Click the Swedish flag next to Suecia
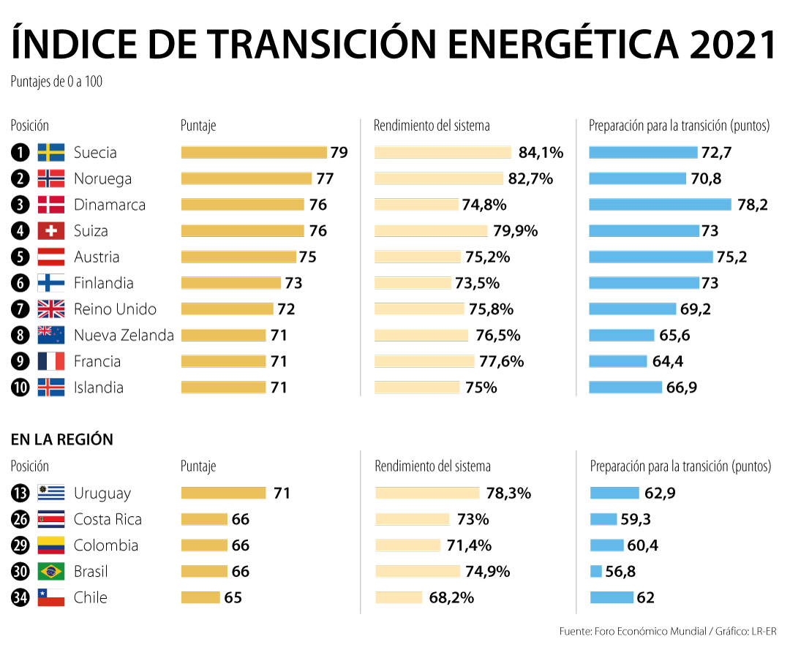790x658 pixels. [x=51, y=153]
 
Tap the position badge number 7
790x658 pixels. [x=20, y=309]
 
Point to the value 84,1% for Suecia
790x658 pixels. [x=541, y=153]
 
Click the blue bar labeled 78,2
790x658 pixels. [x=660, y=205]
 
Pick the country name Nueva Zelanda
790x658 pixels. [x=124, y=336]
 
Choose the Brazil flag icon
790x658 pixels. [x=51, y=572]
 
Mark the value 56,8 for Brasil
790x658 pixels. [x=620, y=572]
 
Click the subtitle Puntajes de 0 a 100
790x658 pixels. [x=56, y=82]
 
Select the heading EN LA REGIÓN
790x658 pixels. [x=62, y=440]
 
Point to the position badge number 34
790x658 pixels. [x=20, y=598]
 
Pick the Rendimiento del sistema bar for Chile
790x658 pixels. [x=399, y=598]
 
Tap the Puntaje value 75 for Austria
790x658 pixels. [x=307, y=257]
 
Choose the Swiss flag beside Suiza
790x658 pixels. [x=51, y=231]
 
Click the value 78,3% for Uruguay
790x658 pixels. [x=508, y=494]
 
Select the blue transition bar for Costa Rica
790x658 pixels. [x=603, y=520]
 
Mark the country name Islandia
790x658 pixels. [x=98, y=387]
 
